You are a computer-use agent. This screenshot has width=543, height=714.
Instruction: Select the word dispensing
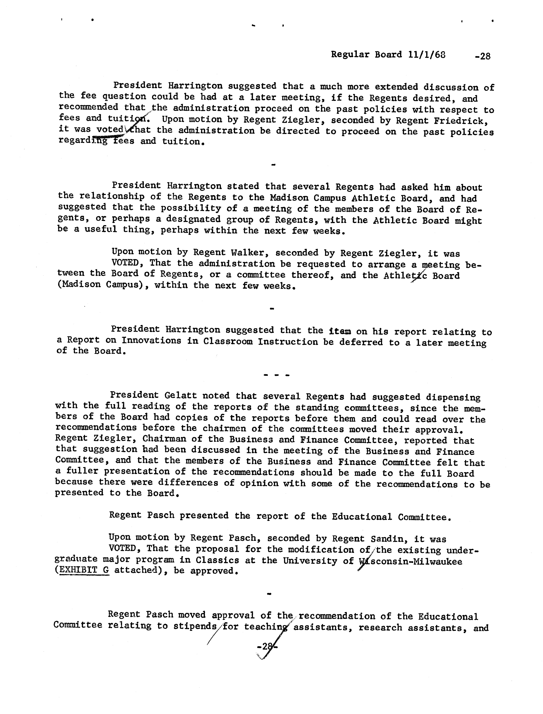[453, 397]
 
